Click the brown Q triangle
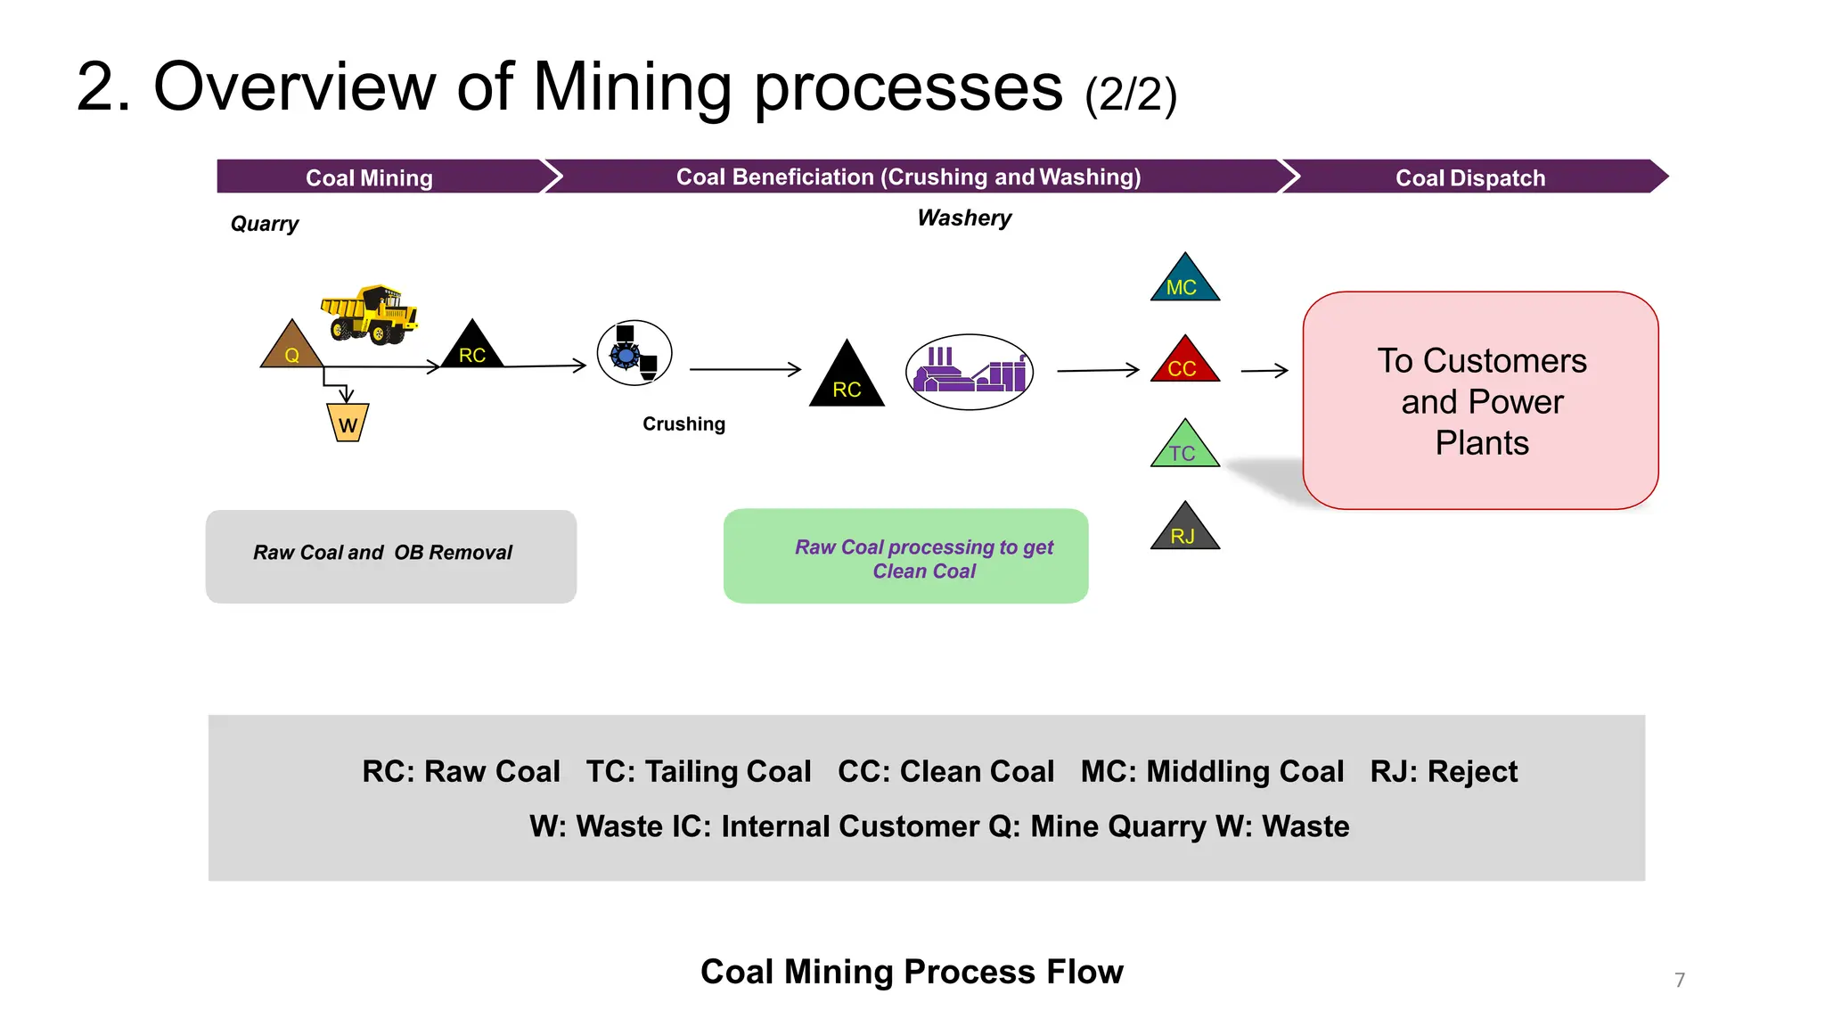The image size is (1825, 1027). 291,348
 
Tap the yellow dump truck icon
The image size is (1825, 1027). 370,315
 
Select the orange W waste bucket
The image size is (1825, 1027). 348,423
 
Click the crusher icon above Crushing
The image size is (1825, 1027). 634,353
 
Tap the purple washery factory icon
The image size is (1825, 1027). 970,372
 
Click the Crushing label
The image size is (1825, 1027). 683,424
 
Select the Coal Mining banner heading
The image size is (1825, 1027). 369,177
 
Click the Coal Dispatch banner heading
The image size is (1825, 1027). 1469,177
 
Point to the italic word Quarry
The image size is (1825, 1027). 265,224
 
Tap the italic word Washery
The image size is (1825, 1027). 964,218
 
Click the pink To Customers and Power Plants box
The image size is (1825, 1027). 1480,401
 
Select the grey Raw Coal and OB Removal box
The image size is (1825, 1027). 390,556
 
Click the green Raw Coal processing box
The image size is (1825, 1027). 905,556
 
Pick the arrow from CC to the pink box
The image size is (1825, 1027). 1264,370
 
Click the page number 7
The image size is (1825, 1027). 1680,980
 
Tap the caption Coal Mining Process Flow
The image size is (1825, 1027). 912,971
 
